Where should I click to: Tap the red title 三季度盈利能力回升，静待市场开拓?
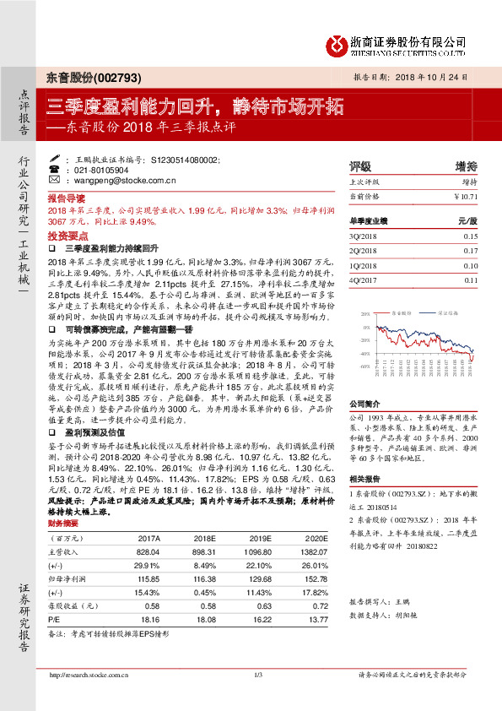pos(195,107)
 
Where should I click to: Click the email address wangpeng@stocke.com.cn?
pos(122,180)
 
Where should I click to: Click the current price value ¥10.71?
pos(465,196)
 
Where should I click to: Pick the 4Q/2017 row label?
pos(364,280)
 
